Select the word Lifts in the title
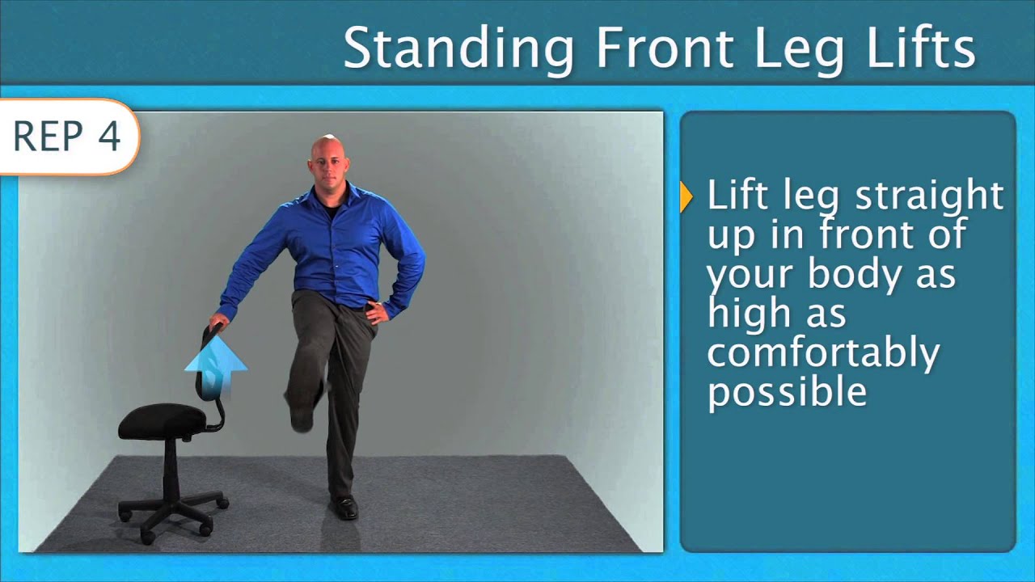pos(928,48)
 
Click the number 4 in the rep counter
pos(109,137)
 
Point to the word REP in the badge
pos(49,137)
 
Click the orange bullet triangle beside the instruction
pos(687,197)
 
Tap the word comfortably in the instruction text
pos(823,353)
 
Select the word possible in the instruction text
pos(787,392)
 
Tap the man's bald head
pos(327,150)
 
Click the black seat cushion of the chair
pos(162,421)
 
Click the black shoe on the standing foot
pos(344,507)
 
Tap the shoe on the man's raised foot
pos(302,413)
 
